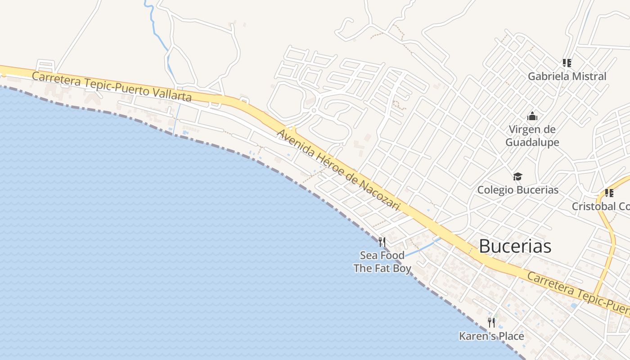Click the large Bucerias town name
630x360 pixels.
click(x=515, y=246)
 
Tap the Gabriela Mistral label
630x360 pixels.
click(x=567, y=76)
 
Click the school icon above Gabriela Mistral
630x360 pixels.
click(x=567, y=63)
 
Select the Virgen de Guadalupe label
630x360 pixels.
click(x=532, y=136)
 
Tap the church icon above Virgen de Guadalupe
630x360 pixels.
click(x=532, y=117)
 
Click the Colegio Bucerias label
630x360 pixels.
click(x=517, y=190)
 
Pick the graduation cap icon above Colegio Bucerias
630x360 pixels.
click(x=517, y=176)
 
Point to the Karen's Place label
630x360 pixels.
click(x=491, y=336)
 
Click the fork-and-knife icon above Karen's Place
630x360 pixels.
click(x=491, y=322)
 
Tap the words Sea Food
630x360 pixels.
click(x=382, y=256)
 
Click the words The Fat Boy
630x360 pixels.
click(x=382, y=269)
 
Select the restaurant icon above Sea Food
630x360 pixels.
click(x=382, y=242)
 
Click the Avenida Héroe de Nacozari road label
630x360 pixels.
click(x=338, y=171)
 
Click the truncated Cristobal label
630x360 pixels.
click(x=600, y=207)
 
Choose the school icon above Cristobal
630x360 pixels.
click(x=609, y=193)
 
